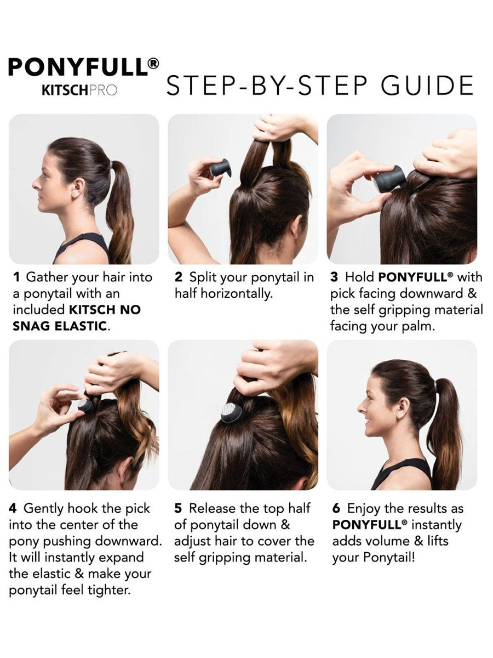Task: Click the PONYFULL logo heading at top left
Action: pos(83,67)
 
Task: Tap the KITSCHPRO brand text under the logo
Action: pos(79,90)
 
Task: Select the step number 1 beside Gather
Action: pos(17,277)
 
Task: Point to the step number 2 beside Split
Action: pos(179,277)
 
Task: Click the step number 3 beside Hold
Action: pos(334,277)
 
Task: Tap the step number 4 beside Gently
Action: pos(13,509)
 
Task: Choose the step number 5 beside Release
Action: pos(178,509)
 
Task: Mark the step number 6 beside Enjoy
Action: pos(336,509)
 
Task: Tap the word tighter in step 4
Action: pos(109,590)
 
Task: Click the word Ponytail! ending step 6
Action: pos(389,558)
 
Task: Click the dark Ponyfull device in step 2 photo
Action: pos(220,169)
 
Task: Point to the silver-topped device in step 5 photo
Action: pos(231,412)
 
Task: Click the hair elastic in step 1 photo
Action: pos(112,164)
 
